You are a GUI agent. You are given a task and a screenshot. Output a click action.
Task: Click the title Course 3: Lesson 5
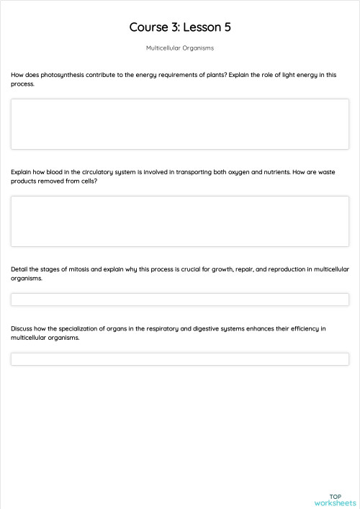[180, 27]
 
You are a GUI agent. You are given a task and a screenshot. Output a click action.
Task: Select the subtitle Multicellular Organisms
[180, 48]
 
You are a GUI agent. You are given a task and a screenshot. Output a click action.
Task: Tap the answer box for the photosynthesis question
[180, 124]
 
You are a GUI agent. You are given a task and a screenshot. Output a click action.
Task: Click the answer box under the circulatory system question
[180, 221]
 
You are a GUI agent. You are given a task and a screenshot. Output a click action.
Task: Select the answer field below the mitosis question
[180, 299]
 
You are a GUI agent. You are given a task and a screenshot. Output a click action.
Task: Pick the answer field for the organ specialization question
[180, 359]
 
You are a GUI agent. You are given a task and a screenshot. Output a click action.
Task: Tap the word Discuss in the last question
[22, 328]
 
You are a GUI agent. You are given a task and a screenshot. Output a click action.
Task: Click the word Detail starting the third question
[20, 269]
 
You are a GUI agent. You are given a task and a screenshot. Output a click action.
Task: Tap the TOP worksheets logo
[336, 500]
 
